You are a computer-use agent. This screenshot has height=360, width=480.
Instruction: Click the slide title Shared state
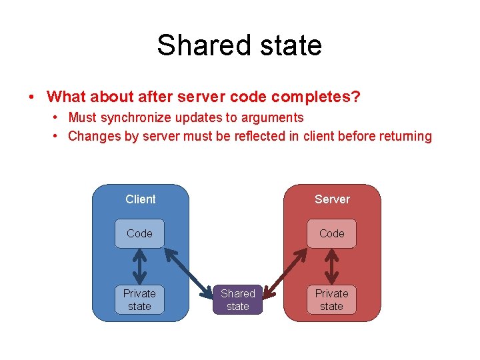(239, 45)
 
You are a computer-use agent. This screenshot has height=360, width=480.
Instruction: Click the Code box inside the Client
(139, 233)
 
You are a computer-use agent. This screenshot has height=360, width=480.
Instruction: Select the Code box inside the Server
(331, 233)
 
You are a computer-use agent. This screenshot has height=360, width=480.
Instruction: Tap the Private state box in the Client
(139, 299)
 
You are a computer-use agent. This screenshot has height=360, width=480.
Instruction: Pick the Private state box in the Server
(331, 299)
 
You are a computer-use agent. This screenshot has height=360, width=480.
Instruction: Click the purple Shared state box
(238, 299)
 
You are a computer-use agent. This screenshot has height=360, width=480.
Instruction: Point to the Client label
(140, 199)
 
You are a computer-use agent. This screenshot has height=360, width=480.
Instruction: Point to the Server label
(332, 199)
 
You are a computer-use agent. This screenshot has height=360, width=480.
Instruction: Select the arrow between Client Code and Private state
(139, 266)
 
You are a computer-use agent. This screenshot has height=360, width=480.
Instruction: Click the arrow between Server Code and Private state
(331, 266)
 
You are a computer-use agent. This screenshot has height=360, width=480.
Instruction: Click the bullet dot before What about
(32, 97)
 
